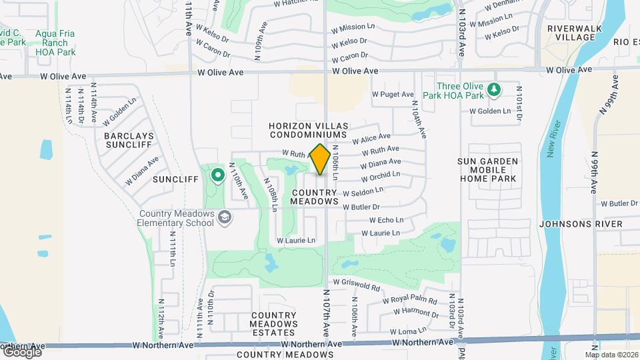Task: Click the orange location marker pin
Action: click(x=321, y=159)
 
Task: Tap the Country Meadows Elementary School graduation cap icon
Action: click(x=225, y=216)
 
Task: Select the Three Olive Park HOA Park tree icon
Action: click(x=493, y=89)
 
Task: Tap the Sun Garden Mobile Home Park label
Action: click(x=497, y=170)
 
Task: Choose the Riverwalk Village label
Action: click(x=570, y=33)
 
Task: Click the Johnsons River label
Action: click(x=581, y=224)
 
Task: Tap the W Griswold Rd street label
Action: click(x=357, y=285)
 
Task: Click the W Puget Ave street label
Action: click(x=393, y=95)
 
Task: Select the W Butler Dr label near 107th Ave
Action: click(x=361, y=207)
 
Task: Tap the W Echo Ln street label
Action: click(x=387, y=220)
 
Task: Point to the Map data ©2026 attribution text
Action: click(x=611, y=355)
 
